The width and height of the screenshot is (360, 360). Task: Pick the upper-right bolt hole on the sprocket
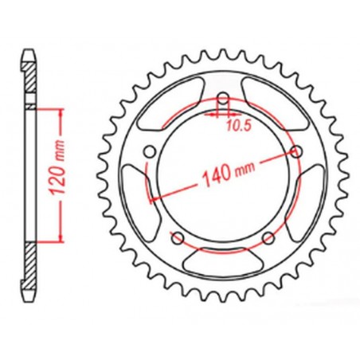point(298,152)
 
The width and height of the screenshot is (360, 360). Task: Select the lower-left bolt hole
point(178,240)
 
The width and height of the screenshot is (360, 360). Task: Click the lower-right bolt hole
point(269,239)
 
